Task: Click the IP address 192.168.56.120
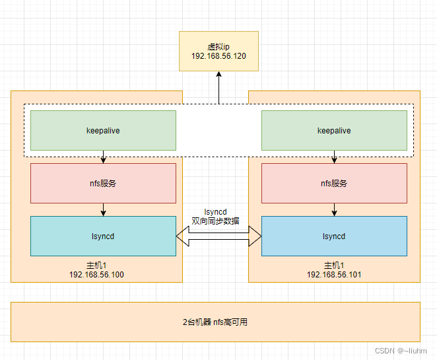218,57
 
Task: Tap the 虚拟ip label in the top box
218,47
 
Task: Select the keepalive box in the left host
103,130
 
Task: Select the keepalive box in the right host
334,130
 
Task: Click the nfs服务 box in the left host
103,183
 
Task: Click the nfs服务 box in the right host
334,183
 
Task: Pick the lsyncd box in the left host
103,236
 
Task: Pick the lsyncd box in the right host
334,236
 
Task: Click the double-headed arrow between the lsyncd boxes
218,236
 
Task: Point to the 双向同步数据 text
216,221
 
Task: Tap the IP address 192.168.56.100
96,274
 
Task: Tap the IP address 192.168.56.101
334,274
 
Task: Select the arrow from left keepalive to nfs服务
103,157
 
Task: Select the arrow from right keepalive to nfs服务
334,157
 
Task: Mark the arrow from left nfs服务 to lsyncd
103,209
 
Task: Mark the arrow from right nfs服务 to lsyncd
334,209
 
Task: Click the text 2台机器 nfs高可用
215,322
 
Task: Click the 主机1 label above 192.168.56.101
334,265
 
